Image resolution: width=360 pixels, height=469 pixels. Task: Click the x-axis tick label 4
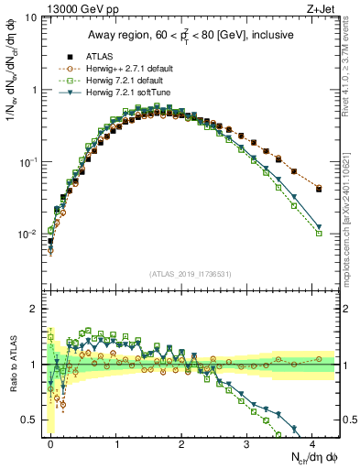(x=313, y=442)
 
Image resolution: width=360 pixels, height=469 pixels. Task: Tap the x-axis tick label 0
(x=51, y=442)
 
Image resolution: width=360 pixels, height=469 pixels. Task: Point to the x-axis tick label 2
(x=182, y=442)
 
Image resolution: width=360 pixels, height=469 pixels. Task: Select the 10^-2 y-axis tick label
(x=27, y=234)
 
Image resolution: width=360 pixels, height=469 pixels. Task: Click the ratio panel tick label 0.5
(x=28, y=420)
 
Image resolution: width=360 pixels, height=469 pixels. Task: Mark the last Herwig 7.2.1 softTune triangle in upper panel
(x=319, y=227)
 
